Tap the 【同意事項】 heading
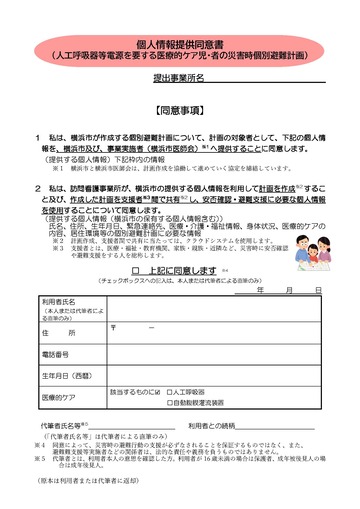tap(180, 104)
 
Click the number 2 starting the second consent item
tap(38, 187)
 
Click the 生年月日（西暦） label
tap(67, 376)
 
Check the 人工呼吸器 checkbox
tap(170, 393)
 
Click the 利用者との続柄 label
tap(214, 426)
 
